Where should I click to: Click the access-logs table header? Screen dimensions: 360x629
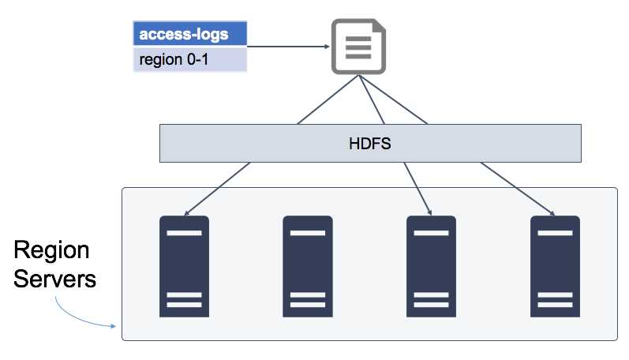[x=190, y=35]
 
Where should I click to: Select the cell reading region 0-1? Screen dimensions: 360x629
[x=190, y=60]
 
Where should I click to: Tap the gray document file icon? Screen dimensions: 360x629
[x=358, y=47]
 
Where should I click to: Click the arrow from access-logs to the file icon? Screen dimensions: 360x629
[x=288, y=47]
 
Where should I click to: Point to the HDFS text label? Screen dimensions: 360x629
[x=370, y=143]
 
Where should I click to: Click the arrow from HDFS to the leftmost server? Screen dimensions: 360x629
[x=217, y=189]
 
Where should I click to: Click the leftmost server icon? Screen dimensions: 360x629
[x=185, y=266]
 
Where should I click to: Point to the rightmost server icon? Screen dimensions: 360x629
[x=556, y=266]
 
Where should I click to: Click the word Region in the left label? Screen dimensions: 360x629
[x=52, y=251]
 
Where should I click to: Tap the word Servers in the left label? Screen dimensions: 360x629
[x=55, y=279]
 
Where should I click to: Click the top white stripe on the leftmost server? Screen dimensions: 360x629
[x=185, y=233]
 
